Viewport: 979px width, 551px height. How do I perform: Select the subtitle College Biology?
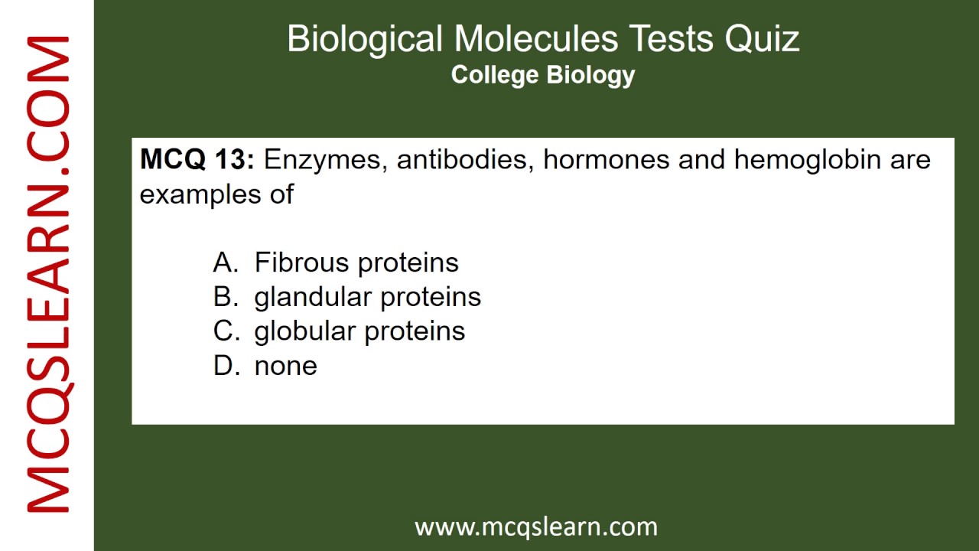[543, 75]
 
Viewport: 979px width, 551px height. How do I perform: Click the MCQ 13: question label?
[197, 160]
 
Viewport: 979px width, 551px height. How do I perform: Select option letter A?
[226, 262]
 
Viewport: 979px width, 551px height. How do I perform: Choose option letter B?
[226, 297]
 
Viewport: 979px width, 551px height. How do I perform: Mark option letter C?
[226, 331]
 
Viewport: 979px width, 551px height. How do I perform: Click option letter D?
[226, 366]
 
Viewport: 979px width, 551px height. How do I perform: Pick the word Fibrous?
[302, 262]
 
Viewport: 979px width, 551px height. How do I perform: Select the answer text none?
[285, 367]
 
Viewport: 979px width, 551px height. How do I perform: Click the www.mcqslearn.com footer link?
[535, 527]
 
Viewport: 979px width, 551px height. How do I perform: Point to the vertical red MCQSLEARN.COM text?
[47, 275]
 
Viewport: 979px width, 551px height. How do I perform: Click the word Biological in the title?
[365, 38]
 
